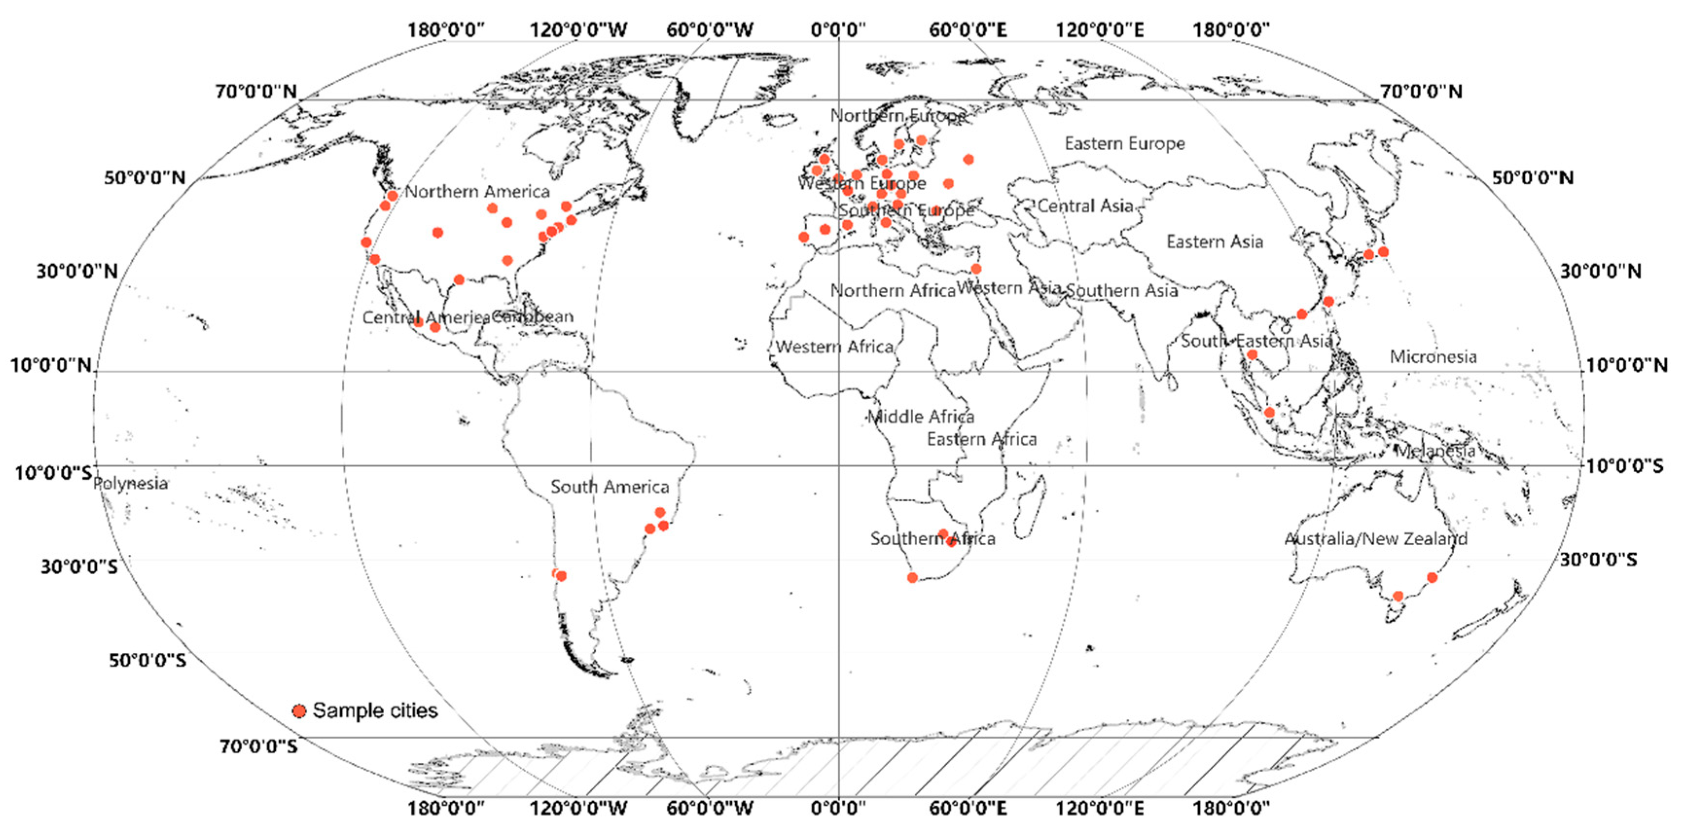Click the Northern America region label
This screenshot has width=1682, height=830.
(x=478, y=192)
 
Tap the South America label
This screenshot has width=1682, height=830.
(x=609, y=487)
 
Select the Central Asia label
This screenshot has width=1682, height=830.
(x=1085, y=206)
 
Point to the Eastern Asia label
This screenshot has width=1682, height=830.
(x=1215, y=242)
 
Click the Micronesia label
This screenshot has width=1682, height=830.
(x=1433, y=356)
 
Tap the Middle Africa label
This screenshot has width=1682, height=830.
(x=921, y=416)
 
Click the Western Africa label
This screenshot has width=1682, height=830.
(x=834, y=346)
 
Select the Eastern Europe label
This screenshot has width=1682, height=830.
(x=1124, y=143)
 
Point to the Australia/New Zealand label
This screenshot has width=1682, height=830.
(x=1376, y=539)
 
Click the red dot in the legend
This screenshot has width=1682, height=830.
(x=299, y=710)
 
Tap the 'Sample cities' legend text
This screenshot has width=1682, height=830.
(x=375, y=710)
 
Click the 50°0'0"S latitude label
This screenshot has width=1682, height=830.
(x=147, y=660)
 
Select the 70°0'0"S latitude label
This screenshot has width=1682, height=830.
(x=259, y=746)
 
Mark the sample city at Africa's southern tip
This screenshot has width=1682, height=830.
(x=913, y=577)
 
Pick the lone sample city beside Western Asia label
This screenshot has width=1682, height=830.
(x=976, y=268)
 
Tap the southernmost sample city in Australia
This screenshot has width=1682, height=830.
(x=1398, y=596)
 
